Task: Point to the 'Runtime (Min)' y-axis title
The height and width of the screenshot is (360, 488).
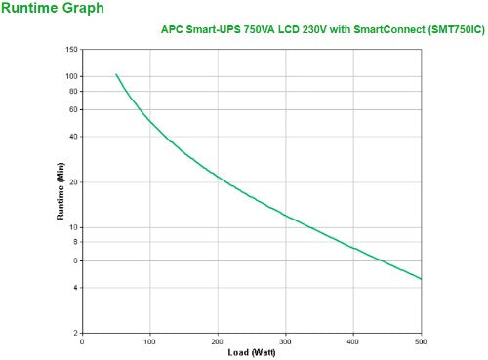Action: [x=60, y=191]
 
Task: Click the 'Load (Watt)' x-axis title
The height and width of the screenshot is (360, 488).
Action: [x=251, y=351]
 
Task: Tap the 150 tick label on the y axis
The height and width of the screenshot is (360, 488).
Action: [x=71, y=49]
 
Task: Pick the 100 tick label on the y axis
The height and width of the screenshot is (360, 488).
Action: [x=71, y=76]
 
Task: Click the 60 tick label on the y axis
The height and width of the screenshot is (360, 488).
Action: [x=73, y=109]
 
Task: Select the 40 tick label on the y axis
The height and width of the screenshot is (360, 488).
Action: [x=73, y=137]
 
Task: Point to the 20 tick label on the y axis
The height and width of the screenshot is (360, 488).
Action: [x=73, y=182]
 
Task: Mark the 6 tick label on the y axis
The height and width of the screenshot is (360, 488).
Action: [x=75, y=260]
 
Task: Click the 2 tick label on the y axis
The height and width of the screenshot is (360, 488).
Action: [x=75, y=334]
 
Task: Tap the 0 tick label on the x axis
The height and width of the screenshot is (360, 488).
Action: [x=82, y=341]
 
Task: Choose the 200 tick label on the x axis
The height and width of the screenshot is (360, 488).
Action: [x=218, y=341]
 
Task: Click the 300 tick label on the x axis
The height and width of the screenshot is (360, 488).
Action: [x=285, y=341]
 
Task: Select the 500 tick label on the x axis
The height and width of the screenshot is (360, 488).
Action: [x=420, y=341]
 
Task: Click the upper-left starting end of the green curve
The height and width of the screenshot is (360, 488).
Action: [x=116, y=74]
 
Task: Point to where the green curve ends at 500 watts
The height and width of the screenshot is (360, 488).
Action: [x=421, y=279]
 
